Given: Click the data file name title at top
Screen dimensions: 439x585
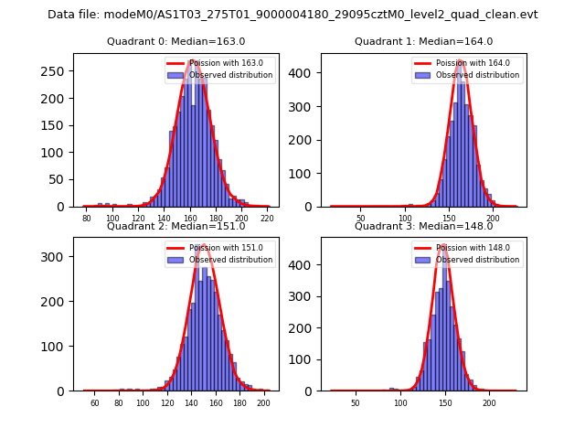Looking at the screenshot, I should coord(292,15).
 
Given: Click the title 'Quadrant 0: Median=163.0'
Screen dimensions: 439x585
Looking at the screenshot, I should coord(176,41).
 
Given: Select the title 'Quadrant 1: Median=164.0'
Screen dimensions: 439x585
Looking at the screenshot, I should coord(423,41).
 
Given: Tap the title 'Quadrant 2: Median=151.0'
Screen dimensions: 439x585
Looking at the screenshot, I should coord(176,226).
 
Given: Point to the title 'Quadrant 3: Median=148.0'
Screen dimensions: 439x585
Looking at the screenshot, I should coord(423,226).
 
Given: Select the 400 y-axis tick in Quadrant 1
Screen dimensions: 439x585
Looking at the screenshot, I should coord(304,72).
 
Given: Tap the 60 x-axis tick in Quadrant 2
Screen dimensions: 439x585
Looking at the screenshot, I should coord(94,403).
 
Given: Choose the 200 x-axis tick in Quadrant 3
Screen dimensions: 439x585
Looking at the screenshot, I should coord(489,403).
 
